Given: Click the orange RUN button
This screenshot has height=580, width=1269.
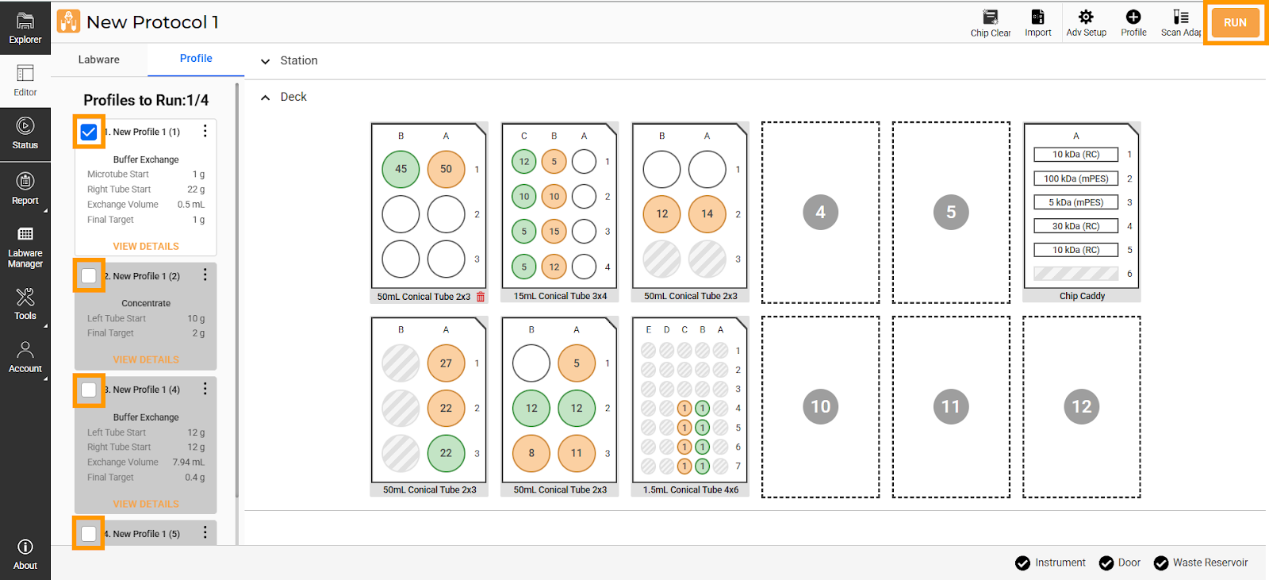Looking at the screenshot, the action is coord(1234,23).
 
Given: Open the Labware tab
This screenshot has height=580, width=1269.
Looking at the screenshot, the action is coord(98,60).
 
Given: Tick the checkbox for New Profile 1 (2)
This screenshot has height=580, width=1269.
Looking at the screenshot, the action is coord(89,276).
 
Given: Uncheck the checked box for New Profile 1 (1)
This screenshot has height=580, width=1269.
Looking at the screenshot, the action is coord(89,132).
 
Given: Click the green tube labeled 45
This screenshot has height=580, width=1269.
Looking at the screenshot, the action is coord(401,169).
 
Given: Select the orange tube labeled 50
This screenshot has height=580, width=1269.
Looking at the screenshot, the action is coord(446,169).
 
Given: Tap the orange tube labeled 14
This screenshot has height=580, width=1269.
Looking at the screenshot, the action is coord(707,213).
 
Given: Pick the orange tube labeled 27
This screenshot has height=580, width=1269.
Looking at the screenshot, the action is coord(446,363).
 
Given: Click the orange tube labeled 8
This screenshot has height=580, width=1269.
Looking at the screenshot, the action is coord(531,453).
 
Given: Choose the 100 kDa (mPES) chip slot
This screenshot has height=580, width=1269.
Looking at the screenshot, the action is coord(1075,179).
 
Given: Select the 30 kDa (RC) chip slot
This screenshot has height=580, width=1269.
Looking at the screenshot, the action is coord(1075,226).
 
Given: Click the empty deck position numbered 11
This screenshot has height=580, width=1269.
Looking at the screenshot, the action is coord(951,406).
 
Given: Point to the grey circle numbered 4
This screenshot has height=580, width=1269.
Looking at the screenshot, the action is coord(820,212).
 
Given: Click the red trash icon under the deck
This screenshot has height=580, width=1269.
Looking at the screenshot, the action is coord(481,297).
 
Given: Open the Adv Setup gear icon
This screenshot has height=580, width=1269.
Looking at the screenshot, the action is coord(1086,17).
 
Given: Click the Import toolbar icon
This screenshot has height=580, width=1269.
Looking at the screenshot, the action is coord(1038,17).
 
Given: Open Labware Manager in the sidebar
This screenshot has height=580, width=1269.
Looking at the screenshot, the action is coord(25,248).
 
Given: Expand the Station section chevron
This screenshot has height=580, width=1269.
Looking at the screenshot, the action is coord(265,61).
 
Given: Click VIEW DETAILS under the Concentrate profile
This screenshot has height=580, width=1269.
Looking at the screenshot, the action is coord(146,359).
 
